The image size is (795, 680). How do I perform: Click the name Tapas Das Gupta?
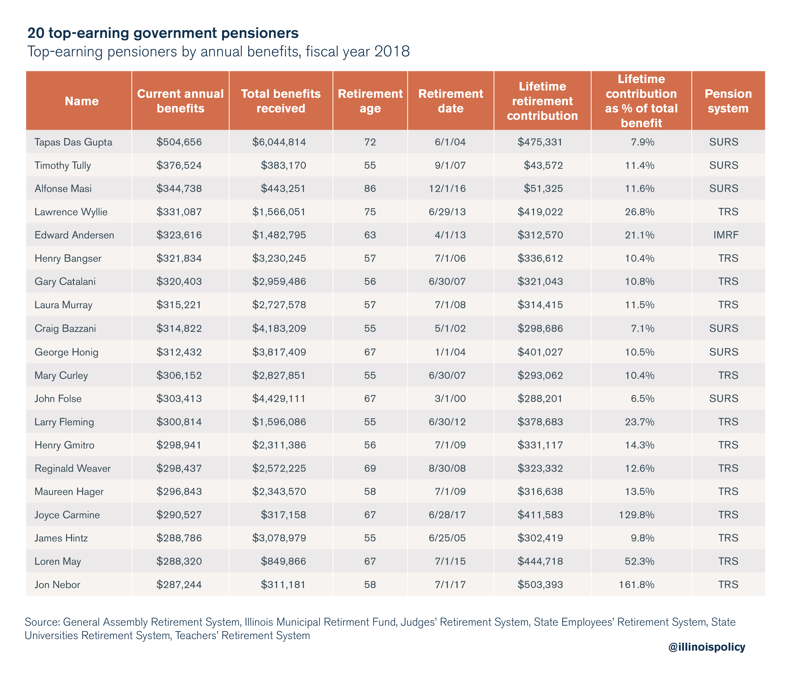point(73,142)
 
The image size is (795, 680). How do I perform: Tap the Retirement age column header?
point(370,101)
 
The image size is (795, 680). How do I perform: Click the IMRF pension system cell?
point(726,235)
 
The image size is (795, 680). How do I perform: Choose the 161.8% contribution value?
point(637,585)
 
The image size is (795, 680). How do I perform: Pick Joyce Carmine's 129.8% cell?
point(637,515)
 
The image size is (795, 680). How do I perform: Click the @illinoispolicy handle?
point(707,647)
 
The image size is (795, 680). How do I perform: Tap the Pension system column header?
point(728,101)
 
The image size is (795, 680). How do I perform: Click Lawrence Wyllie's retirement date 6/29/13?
point(447,212)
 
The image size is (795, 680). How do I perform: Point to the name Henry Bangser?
point(68,258)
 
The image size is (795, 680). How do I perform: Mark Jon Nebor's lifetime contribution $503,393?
point(540,585)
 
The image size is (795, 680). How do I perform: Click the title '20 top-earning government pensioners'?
point(163,33)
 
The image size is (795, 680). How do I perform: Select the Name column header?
point(82,101)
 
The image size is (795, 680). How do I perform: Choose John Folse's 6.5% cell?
point(643,399)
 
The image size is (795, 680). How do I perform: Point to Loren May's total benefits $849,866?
point(284,561)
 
